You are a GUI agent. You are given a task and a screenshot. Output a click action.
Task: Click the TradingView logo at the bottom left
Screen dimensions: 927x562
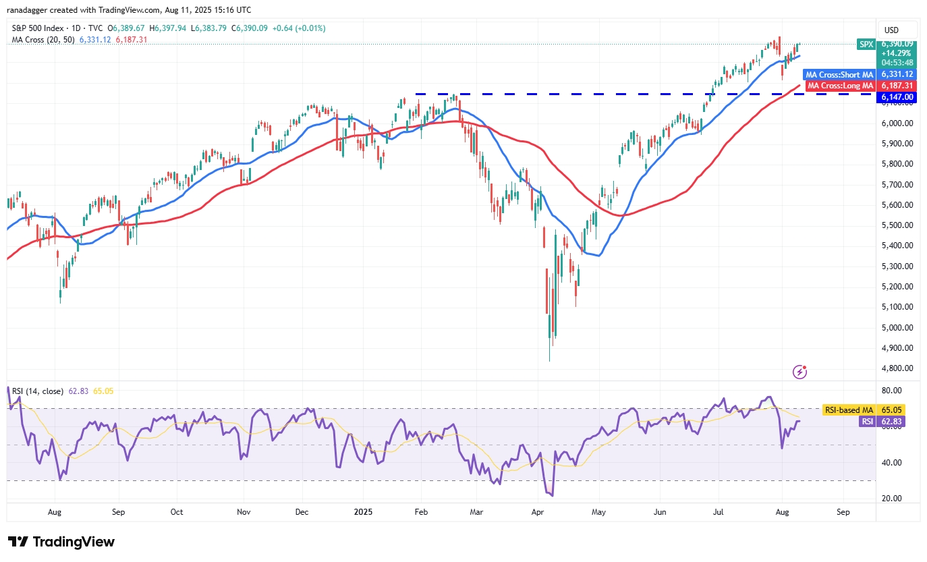61,541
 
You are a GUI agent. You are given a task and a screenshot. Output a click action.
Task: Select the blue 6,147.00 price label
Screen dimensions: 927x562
897,97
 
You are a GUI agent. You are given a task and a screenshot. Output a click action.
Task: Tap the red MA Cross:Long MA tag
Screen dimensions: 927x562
840,86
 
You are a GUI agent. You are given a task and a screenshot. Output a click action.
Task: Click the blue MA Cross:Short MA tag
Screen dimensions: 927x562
839,74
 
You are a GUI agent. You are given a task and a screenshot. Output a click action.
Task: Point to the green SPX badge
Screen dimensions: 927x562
866,45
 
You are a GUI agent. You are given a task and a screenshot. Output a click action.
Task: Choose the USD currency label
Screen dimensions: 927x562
891,30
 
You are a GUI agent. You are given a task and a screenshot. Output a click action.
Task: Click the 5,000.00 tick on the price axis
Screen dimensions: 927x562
897,327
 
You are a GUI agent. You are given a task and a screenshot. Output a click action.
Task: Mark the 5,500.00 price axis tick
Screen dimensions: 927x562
897,225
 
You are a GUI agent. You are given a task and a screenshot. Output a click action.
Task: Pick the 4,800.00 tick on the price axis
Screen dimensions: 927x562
897,368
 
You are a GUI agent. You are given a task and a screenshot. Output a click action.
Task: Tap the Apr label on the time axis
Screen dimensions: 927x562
537,512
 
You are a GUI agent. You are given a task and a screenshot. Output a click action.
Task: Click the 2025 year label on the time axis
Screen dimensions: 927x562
363,512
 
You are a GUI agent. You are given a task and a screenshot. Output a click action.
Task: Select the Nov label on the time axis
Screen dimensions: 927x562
244,512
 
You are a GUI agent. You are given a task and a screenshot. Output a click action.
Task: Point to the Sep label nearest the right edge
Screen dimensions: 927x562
843,512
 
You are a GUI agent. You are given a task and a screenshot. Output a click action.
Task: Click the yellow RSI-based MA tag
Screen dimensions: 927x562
849,410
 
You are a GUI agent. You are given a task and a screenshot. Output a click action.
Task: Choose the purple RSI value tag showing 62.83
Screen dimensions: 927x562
882,422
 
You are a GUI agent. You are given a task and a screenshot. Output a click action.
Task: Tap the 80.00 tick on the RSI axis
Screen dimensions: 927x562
891,390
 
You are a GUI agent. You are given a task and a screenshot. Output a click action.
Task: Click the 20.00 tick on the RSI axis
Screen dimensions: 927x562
891,499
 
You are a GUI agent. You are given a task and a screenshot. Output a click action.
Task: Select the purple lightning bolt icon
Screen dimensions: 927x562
799,372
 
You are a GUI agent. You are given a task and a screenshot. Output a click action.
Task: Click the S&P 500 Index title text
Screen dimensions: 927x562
38,28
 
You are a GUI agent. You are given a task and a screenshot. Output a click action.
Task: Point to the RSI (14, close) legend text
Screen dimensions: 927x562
38,391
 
